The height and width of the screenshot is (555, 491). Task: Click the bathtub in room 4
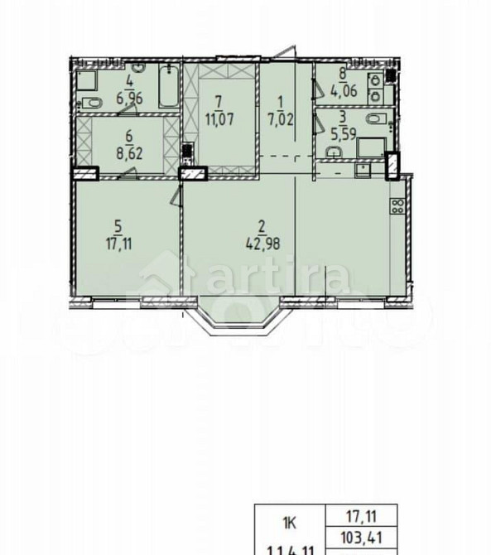pos(168,90)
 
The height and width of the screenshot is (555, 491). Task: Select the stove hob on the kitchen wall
pos(397,205)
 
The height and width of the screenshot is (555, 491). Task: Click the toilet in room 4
pos(90,103)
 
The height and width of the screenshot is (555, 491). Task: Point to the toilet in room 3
pos(334,151)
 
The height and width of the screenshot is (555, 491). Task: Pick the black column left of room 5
pos(85,174)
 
